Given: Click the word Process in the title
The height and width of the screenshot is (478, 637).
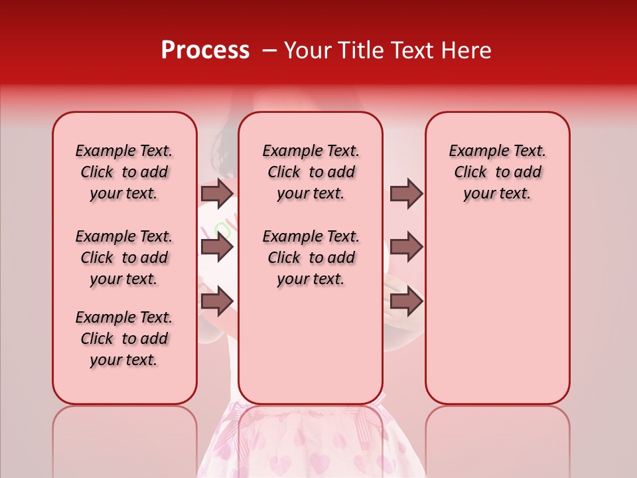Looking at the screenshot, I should point(205,50).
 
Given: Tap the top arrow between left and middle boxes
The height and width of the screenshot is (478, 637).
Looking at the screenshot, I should point(217,193).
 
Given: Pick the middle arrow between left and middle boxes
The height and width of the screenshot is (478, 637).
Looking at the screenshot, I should point(217,248).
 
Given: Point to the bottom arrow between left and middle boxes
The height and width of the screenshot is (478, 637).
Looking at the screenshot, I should point(217,301).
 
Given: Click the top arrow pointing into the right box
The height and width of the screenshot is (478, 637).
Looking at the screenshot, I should point(406,193).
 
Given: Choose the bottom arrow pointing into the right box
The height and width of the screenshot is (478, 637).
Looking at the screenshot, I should point(406,301).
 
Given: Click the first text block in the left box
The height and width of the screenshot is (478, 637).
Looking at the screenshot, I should point(124,172).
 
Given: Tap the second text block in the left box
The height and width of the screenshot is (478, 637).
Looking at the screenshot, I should point(124,258).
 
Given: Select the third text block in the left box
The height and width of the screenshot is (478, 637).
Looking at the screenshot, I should point(124,339).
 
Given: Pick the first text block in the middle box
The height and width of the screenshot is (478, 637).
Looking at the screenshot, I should point(311,172).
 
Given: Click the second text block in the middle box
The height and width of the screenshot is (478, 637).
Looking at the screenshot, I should point(311,258).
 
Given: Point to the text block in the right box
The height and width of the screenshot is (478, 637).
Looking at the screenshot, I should point(497,172).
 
